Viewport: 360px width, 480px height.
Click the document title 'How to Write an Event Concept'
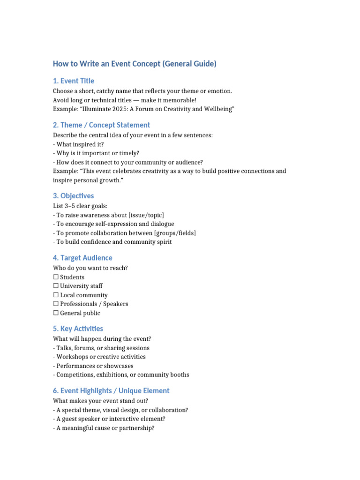(135, 64)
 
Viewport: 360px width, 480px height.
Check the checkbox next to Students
(56, 277)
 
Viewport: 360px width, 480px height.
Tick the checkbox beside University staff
(56, 286)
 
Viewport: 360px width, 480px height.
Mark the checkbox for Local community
(56, 295)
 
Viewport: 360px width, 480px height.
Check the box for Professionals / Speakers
(56, 304)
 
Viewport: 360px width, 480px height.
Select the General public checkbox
(56, 313)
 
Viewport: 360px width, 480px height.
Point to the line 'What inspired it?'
(80, 144)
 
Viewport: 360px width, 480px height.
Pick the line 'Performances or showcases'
(95, 366)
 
